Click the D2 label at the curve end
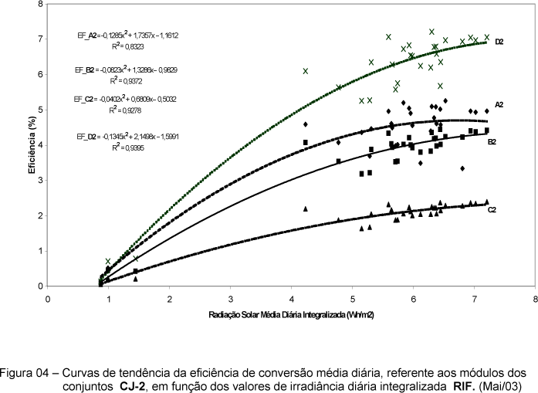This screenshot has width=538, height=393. click(x=499, y=41)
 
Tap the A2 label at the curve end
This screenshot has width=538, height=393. click(x=499, y=103)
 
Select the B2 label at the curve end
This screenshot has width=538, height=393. click(x=491, y=142)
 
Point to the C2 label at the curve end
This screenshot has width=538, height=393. click(x=492, y=209)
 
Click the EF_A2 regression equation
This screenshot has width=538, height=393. click(x=119, y=36)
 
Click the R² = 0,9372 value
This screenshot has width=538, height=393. click(x=124, y=80)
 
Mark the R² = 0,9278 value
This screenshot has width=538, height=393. click(x=124, y=110)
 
